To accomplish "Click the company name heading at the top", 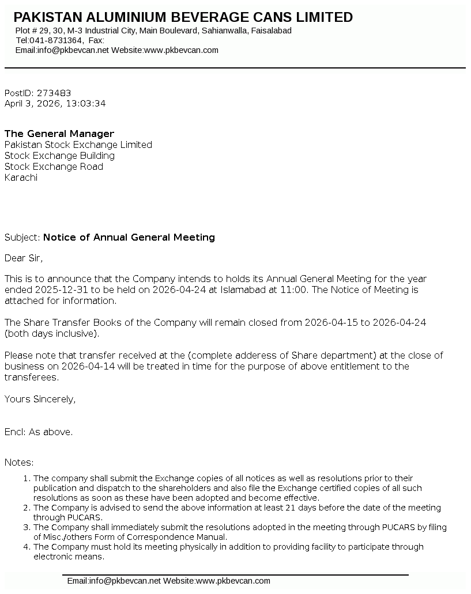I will tap(183, 17).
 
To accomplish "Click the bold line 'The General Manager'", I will tap(59, 134).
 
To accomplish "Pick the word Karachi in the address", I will tap(21, 178).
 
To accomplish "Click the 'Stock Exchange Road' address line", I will tap(54, 167).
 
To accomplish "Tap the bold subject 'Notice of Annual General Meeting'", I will tap(129, 237).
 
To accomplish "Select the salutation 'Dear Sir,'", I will tap(24, 258).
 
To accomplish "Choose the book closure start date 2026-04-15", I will tap(331, 323).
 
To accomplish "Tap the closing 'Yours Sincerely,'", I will tap(40, 399).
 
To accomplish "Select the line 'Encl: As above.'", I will tap(39, 432).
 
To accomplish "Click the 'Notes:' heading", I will tap(19, 462).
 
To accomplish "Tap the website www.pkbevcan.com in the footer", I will tap(233, 581).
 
